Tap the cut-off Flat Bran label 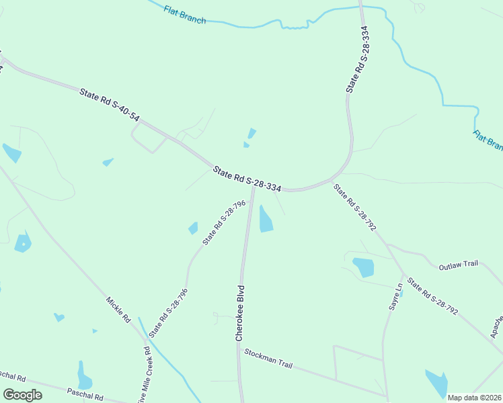click(x=488, y=141)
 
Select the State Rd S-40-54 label click(x=110, y=105)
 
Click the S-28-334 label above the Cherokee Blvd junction click(x=247, y=179)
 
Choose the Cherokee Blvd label click(x=239, y=313)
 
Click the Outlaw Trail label click(x=458, y=264)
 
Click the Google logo click(x=22, y=395)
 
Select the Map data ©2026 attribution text click(x=474, y=398)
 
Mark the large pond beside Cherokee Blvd click(x=266, y=219)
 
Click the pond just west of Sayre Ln click(x=363, y=267)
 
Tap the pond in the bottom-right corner click(x=437, y=383)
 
